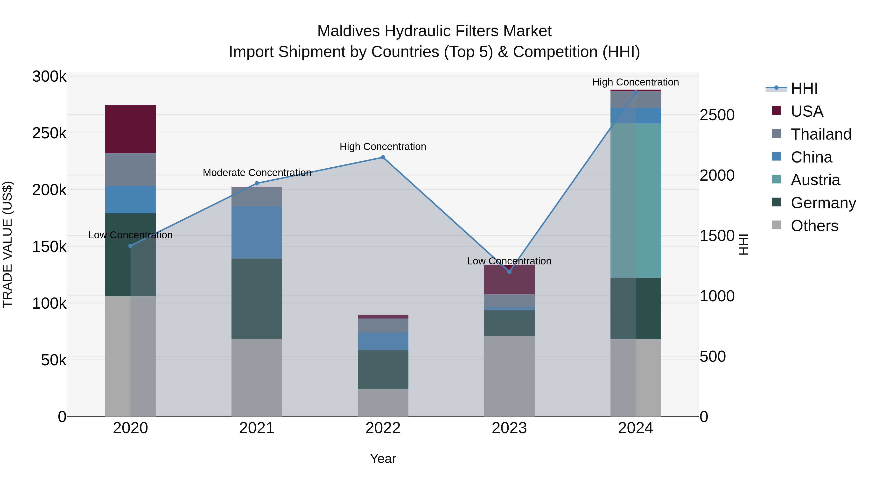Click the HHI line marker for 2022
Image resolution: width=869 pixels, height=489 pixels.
383,157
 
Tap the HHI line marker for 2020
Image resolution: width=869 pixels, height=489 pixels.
131,246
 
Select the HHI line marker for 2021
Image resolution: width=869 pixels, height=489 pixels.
257,183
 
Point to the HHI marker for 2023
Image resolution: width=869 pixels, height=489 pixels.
509,271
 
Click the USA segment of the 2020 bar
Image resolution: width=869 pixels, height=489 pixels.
131,129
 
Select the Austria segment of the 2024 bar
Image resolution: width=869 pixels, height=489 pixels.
636,200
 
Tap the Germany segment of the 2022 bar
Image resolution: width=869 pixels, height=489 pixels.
383,369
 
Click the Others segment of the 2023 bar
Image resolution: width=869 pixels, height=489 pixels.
509,376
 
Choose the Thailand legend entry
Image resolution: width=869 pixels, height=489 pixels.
821,134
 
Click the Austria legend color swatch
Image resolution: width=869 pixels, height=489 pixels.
776,179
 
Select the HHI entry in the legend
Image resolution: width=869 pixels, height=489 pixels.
804,88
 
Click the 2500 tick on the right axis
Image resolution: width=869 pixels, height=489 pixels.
717,115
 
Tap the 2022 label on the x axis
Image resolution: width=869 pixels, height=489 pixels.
383,428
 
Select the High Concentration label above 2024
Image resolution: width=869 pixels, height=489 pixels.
636,82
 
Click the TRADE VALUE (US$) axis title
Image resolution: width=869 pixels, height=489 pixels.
7,244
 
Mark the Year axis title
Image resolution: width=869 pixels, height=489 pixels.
383,459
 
